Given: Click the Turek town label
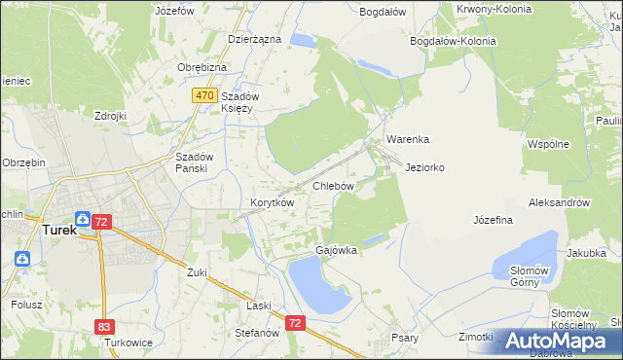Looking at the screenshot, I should [59, 231].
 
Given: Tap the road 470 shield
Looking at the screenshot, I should [203, 95].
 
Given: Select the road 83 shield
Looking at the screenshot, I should [105, 328].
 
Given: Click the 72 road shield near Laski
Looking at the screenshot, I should [297, 322].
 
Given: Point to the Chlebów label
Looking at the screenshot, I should [332, 185].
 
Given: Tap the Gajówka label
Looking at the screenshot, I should [336, 250].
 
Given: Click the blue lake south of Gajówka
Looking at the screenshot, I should [317, 287].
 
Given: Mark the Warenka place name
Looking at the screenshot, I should [407, 139].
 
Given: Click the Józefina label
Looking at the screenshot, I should [493, 220].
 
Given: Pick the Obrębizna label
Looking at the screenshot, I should [202, 67].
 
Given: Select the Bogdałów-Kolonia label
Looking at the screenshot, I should [453, 42].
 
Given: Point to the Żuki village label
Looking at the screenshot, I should [198, 272].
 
